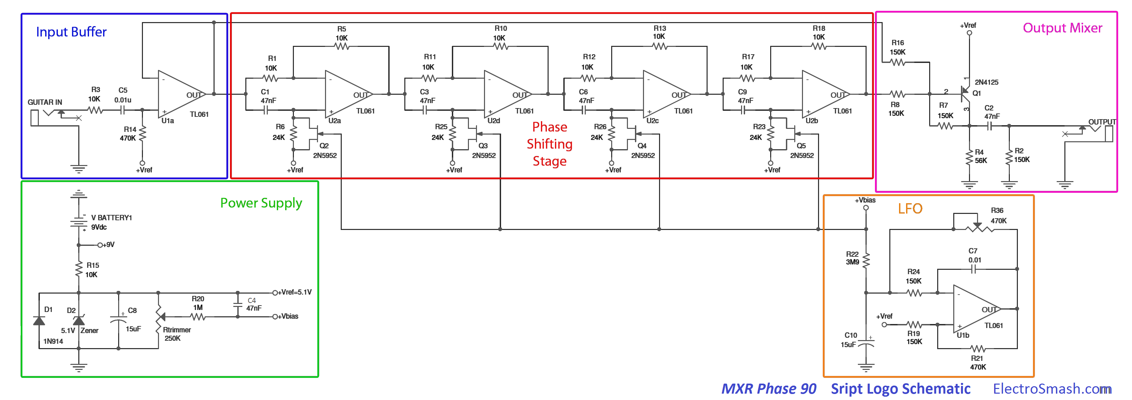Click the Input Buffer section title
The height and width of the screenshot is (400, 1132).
tap(71, 32)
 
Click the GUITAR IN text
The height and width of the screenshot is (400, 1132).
tap(45, 102)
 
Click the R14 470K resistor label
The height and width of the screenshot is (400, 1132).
tap(129, 134)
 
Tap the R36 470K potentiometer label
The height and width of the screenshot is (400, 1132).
tap(998, 215)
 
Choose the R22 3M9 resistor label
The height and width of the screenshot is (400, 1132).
tap(852, 258)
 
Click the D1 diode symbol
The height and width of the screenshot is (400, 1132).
tap(39, 320)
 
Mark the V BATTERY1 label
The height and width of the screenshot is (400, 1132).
tap(111, 218)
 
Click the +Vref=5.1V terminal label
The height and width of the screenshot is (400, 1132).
tap(295, 292)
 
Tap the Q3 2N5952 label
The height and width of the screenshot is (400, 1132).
tap(483, 150)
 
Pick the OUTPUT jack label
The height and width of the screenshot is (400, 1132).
tap(1102, 122)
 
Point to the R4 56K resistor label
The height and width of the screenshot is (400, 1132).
tap(980, 156)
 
